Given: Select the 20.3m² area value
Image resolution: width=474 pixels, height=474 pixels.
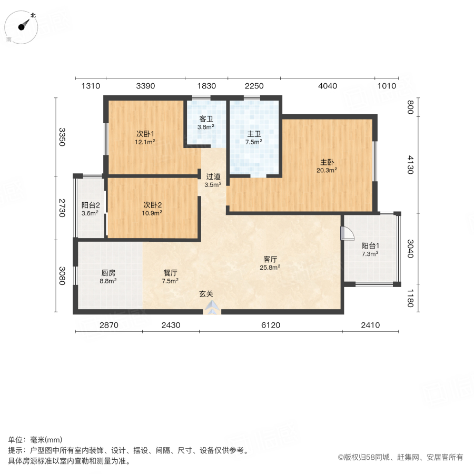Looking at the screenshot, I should [327, 170].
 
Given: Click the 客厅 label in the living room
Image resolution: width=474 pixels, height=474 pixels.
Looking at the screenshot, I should [270, 259].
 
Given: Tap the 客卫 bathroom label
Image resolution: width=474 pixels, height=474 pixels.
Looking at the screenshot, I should [205, 119].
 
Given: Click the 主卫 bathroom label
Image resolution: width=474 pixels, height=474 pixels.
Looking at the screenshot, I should [254, 134].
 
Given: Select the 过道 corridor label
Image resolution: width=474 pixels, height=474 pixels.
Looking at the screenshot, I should [213, 176].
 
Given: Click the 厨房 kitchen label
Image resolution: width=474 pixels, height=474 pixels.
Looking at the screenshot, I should [108, 273].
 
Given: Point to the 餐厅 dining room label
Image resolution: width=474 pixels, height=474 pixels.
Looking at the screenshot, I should [170, 273].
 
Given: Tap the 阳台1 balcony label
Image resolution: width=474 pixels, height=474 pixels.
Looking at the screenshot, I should [370, 246].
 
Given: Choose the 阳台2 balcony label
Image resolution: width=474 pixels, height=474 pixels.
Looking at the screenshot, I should [91, 205].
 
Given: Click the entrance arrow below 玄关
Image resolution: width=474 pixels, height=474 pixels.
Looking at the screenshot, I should [212, 308].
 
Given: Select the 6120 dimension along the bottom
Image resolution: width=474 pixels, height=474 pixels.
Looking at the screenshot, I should [270, 325].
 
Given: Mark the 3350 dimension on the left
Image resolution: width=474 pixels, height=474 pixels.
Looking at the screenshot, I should [62, 137].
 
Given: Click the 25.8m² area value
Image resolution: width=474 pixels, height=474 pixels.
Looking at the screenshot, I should [270, 267].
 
